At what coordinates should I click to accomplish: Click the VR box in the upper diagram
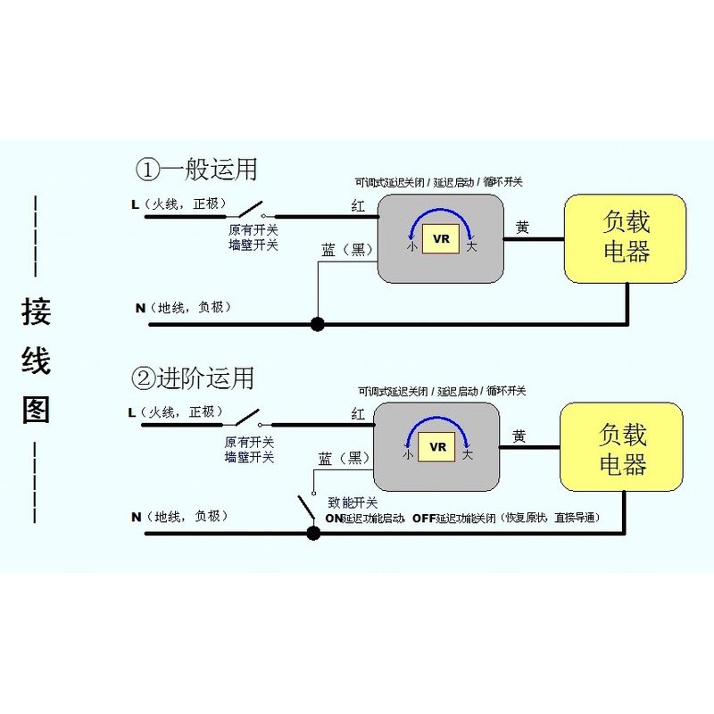pos(441,238)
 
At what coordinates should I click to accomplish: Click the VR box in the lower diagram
pos(437,447)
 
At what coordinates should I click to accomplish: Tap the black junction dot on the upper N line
pos(316,324)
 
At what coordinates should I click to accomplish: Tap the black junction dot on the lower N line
pos(313,534)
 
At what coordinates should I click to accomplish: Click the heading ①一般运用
pos(195,169)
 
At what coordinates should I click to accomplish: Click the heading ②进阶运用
pos(192,378)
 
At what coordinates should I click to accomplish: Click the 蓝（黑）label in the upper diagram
pos(345,249)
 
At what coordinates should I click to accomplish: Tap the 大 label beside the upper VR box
pos(472,246)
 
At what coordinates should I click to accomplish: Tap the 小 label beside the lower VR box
pos(407,455)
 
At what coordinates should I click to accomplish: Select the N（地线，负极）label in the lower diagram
pos(178,517)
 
